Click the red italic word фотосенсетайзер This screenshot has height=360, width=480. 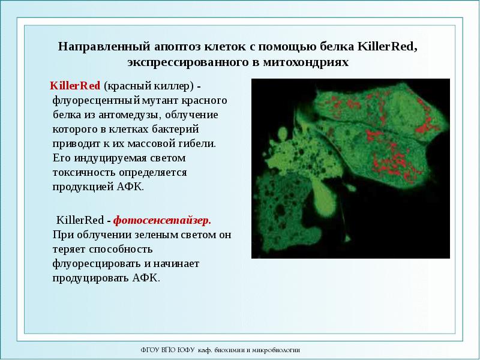pos(162,220)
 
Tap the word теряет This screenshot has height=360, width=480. pos(68,249)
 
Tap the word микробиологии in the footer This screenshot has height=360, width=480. pos(278,350)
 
